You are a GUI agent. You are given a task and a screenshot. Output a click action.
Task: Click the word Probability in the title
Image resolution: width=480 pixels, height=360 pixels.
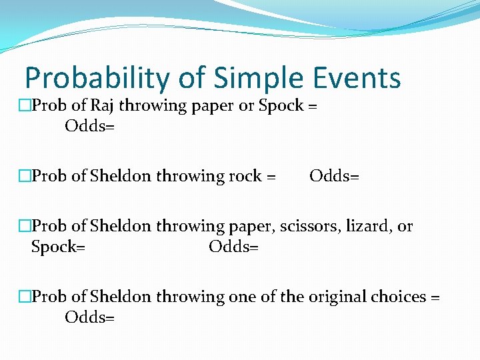pyautogui.click(x=97, y=79)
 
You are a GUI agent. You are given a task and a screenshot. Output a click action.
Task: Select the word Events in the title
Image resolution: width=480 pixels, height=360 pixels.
pyautogui.click(x=361, y=79)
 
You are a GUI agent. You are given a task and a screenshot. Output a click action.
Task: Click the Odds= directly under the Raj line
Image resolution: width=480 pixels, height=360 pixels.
pyautogui.click(x=89, y=125)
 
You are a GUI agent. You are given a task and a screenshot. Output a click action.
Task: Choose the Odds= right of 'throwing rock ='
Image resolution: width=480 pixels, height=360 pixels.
pyautogui.click(x=334, y=176)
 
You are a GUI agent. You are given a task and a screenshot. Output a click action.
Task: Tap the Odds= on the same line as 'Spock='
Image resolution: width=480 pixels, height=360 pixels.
pyautogui.click(x=233, y=247)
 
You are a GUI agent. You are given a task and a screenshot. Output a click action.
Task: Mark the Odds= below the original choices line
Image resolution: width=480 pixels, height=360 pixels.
pyautogui.click(x=89, y=317)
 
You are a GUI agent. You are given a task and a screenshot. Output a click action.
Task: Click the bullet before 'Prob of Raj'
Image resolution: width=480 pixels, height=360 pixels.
pyautogui.click(x=25, y=105)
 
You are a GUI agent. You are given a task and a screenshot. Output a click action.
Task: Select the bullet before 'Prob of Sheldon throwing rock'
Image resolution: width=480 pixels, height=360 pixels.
pyautogui.click(x=25, y=176)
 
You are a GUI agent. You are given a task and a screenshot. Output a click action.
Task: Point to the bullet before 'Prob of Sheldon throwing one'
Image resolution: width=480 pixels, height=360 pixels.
pyautogui.click(x=25, y=297)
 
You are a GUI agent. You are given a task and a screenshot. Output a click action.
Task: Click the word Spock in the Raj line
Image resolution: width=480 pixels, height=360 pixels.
pyautogui.click(x=281, y=105)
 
